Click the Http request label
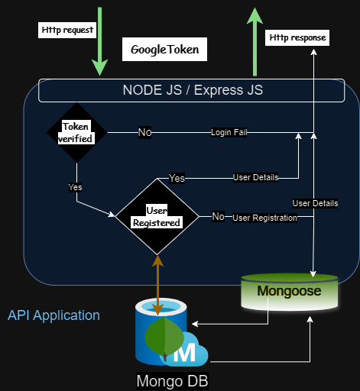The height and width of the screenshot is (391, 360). tap(66, 31)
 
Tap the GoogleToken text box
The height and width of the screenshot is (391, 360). tap(164, 50)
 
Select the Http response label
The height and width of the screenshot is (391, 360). tap(297, 37)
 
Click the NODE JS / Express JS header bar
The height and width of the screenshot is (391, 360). tap(193, 90)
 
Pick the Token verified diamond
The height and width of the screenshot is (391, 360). tap(76, 133)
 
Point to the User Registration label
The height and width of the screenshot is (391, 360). tap(264, 218)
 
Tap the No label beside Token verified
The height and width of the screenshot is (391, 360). tap(144, 133)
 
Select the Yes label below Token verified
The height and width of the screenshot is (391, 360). tap(75, 186)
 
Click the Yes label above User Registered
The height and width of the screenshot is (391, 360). tap(177, 178)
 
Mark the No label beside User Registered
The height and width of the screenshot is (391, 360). tap(219, 217)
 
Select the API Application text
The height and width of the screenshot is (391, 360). tap(54, 315)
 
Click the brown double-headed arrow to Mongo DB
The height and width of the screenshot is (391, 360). tap(157, 284)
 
